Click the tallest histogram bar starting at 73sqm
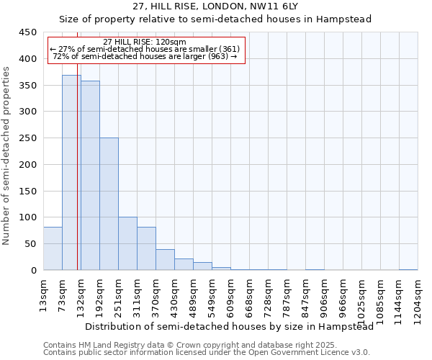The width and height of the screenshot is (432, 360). tap(71, 173)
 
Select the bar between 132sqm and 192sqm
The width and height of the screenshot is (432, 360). tap(90, 176)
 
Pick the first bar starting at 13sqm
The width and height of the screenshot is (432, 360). tap(53, 248)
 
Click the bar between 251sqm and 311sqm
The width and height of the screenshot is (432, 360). tap(127, 243)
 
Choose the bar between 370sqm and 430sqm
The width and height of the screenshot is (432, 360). tap(165, 259)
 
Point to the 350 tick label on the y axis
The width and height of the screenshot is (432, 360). tap(27, 85)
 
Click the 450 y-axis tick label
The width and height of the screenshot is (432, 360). tap(27, 32)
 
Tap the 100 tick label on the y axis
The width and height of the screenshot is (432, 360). tap(27, 217)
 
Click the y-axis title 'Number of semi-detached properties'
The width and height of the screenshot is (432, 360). tap(7, 156)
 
